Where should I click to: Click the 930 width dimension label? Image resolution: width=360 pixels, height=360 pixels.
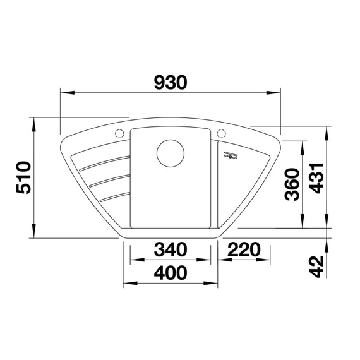tap(169, 83)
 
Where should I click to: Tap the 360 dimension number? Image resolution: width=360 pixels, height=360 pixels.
tap(291, 184)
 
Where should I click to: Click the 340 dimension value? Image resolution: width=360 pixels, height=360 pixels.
tap(171, 250)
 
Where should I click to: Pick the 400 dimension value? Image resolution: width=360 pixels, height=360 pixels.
tap(171, 273)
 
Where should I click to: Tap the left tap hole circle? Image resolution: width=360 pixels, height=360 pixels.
tap(119, 133)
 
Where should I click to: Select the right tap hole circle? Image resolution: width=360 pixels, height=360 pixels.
tap(221, 133)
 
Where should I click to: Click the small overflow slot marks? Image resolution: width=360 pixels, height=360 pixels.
tap(228, 155)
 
